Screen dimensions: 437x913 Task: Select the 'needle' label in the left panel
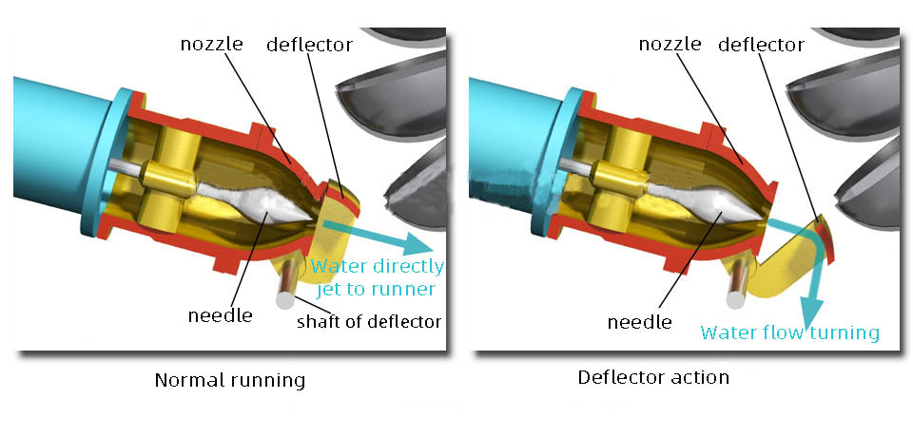click(x=221, y=314)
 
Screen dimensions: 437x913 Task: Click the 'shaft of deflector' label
click(x=369, y=321)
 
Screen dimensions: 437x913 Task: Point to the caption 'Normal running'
click(x=230, y=380)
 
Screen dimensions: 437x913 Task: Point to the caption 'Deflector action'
click(x=653, y=377)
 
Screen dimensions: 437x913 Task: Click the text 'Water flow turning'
click(x=789, y=332)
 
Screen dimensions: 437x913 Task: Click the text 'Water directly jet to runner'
click(x=378, y=277)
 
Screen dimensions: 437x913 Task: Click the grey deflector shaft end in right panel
click(x=736, y=298)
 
